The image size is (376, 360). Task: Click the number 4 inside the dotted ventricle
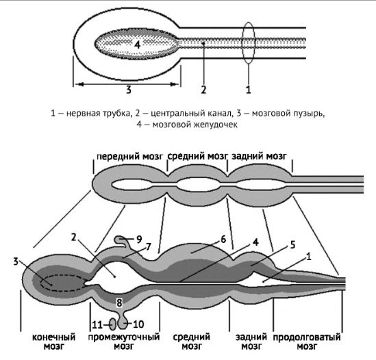tap(137, 44)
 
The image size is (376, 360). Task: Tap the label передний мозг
tap(129, 157)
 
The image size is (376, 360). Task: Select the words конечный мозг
tap(53, 342)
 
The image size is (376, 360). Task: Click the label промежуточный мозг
tap(124, 342)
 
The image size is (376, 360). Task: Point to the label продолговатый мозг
tap(307, 342)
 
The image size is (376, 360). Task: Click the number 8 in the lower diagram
tap(119, 303)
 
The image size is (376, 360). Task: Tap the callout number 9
tap(139, 239)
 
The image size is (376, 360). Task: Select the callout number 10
tap(138, 324)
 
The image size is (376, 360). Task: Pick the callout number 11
tap(97, 325)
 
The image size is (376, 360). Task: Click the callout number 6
tap(223, 239)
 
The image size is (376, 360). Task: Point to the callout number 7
tap(149, 246)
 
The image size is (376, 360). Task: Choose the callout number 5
tap(292, 245)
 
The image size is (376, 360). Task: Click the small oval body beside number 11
tap(113, 324)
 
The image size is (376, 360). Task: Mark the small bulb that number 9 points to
tap(118, 239)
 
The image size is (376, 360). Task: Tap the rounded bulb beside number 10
tap(123, 323)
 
